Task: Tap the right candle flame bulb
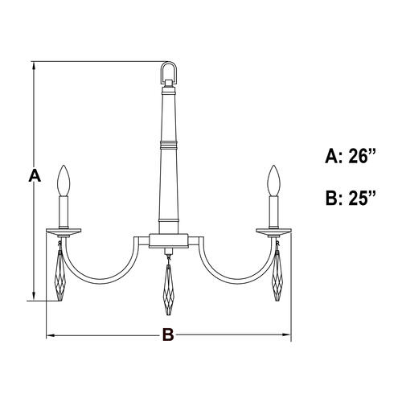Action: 274,178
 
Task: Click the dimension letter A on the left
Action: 33,175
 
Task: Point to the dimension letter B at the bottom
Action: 167,335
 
